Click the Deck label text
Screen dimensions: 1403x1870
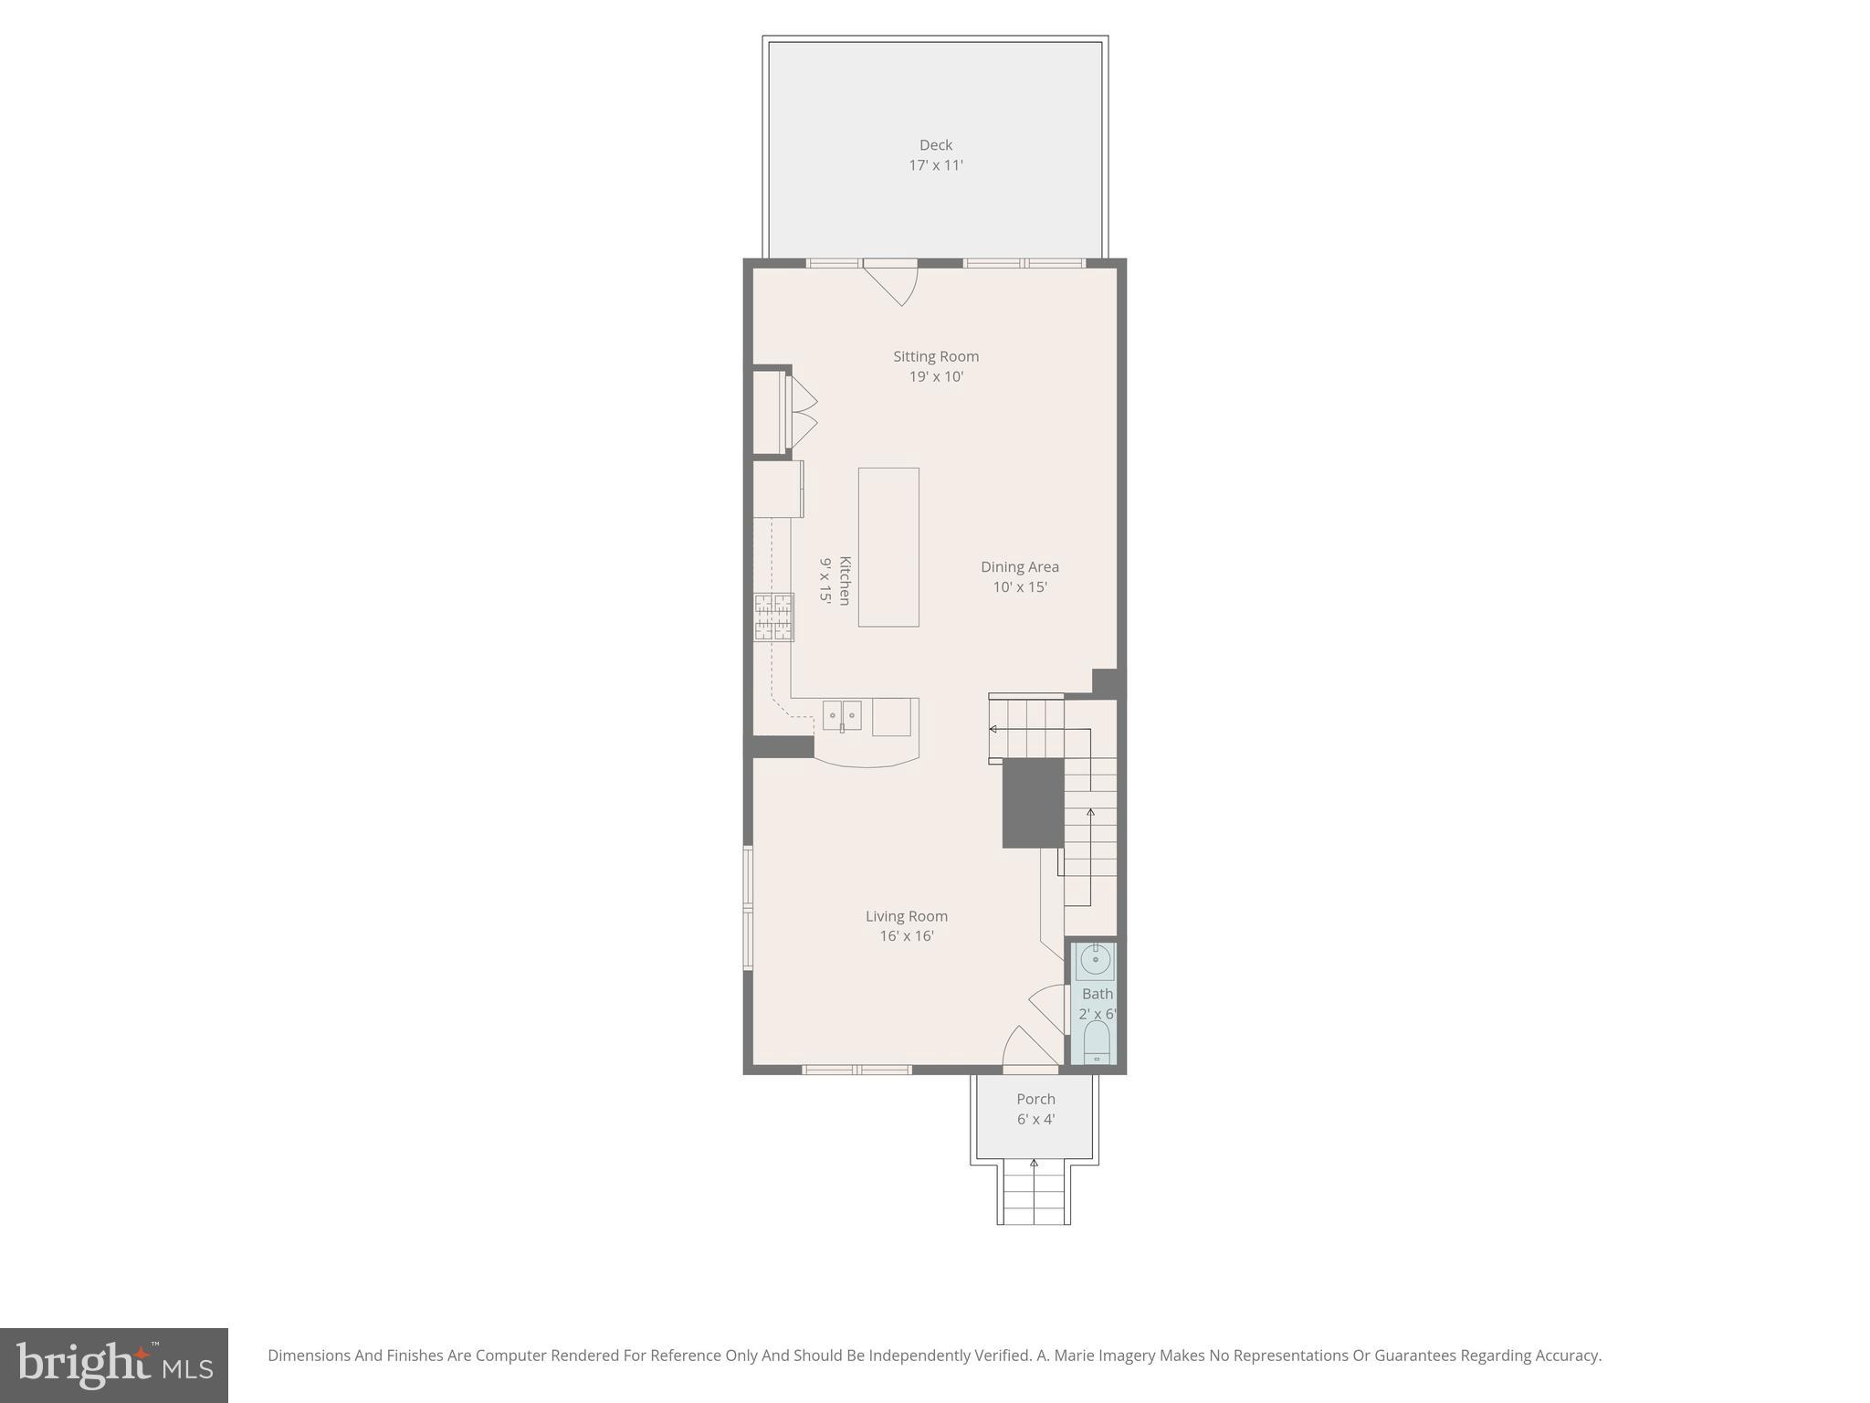pyautogui.click(x=935, y=145)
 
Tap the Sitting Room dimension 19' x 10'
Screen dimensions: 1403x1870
pyautogui.click(x=936, y=376)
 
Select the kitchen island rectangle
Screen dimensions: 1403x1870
pyautogui.click(x=888, y=547)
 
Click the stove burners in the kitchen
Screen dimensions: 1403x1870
pyautogui.click(x=773, y=617)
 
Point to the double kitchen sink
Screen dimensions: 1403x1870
pyautogui.click(x=841, y=715)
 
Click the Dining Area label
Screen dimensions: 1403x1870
pyautogui.click(x=1019, y=566)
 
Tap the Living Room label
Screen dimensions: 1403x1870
pyautogui.click(x=906, y=916)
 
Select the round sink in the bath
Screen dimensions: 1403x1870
pyautogui.click(x=1094, y=961)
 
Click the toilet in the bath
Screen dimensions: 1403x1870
pyautogui.click(x=1096, y=1042)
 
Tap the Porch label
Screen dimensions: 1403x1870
pyautogui.click(x=1035, y=1099)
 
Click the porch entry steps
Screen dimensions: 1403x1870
pyautogui.click(x=1034, y=1194)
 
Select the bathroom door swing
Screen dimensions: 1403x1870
pyautogui.click(x=1050, y=1007)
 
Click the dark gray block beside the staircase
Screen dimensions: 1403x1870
pyautogui.click(x=1033, y=803)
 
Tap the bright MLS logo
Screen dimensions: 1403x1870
pyautogui.click(x=113, y=1365)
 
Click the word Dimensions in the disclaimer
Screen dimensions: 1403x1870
pyautogui.click(x=309, y=1356)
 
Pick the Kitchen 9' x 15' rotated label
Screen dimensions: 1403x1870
pyautogui.click(x=835, y=580)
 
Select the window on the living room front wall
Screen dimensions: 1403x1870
pyautogui.click(x=856, y=1069)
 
